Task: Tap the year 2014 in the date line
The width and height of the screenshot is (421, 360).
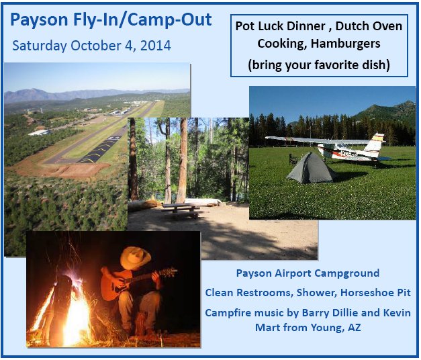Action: [154, 46]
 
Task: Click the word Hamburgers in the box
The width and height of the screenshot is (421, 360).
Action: [348, 44]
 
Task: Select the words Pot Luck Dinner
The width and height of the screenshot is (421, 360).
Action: [274, 26]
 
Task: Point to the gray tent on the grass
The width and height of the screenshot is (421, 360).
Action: [311, 169]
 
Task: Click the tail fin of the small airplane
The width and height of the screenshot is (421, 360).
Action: [376, 143]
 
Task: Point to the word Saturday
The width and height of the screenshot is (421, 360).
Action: [39, 46]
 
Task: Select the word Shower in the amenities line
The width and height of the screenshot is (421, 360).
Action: [315, 294]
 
